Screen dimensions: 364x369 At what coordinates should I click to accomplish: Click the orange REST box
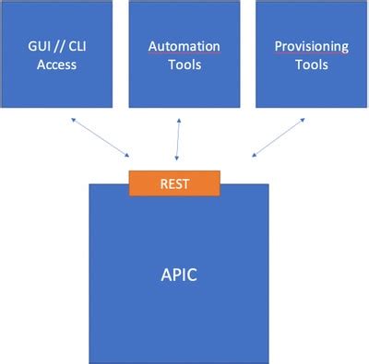(x=174, y=182)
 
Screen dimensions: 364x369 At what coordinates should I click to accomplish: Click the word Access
(x=57, y=65)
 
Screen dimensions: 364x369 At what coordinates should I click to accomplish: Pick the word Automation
(x=184, y=45)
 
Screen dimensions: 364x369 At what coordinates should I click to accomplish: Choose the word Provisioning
(x=312, y=45)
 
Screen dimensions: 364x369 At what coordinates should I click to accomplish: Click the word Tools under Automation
(x=184, y=65)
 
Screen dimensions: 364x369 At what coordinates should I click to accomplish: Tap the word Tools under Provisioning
(x=312, y=65)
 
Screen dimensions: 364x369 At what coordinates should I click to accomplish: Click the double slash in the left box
(x=65, y=45)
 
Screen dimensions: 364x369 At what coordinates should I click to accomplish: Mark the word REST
(x=174, y=182)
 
